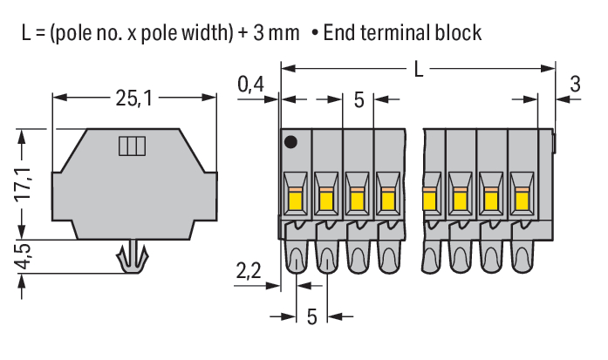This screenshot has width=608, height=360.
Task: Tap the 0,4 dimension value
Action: (x=251, y=84)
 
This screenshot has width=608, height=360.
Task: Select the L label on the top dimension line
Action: (x=419, y=68)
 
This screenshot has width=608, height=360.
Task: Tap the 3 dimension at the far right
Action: (x=574, y=84)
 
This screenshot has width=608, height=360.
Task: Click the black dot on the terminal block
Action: (x=290, y=141)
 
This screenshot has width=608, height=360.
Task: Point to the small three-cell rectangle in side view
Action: (x=130, y=145)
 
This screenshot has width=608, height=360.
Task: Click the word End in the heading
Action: (x=342, y=33)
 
